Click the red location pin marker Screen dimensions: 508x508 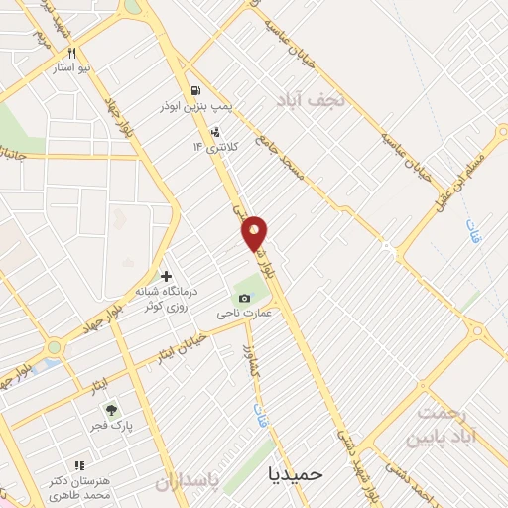(x=255, y=232)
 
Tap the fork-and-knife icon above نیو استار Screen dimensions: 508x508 (x=71, y=54)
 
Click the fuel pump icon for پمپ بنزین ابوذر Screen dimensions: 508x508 (x=195, y=88)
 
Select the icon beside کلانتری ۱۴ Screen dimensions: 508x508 (x=215, y=132)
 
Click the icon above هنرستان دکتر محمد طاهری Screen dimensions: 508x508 (x=79, y=465)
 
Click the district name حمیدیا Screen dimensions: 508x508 (x=296, y=473)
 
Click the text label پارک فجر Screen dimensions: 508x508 (x=142, y=423)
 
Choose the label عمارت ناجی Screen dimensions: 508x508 (x=245, y=314)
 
